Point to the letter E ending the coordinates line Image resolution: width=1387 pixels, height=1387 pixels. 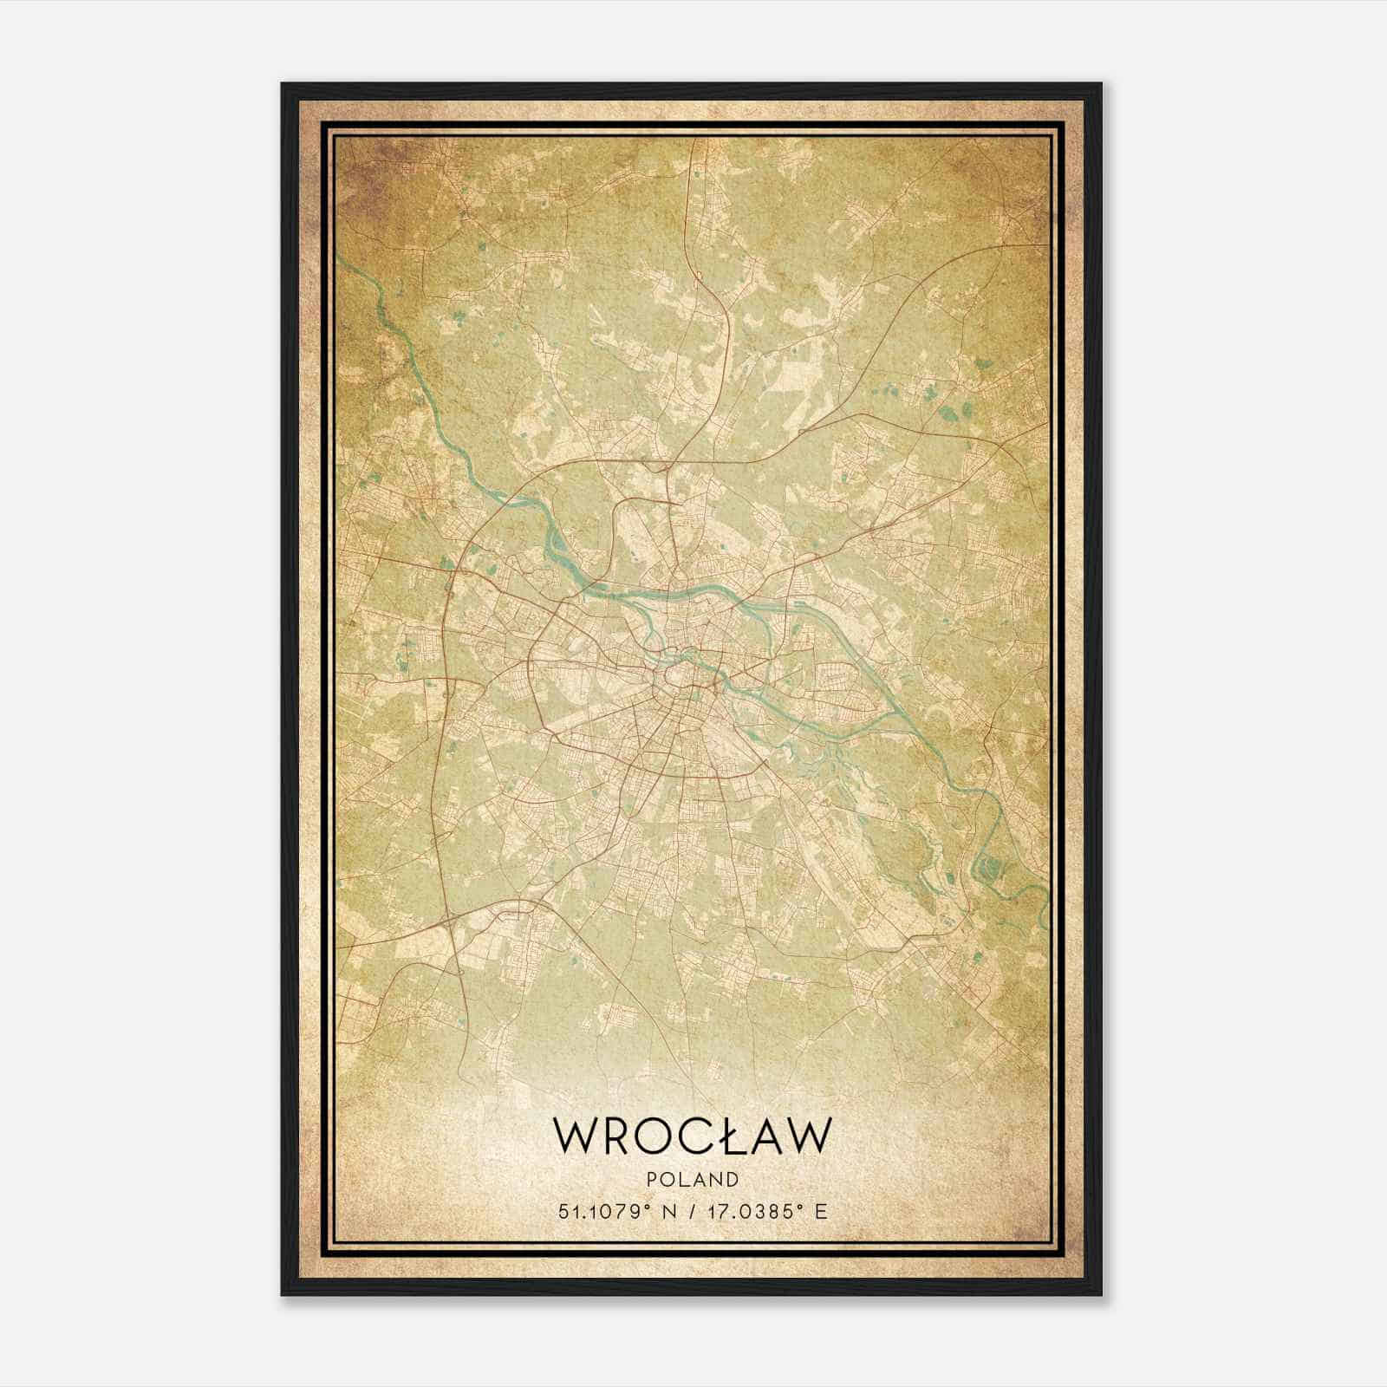822,1211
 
